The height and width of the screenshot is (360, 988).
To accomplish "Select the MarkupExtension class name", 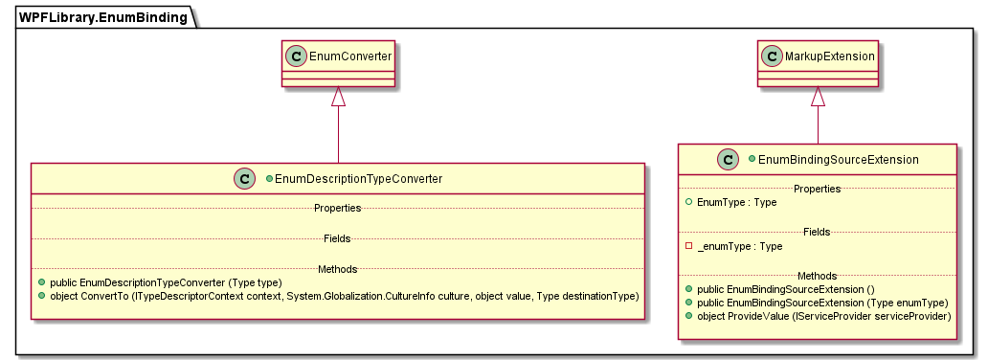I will (x=829, y=57).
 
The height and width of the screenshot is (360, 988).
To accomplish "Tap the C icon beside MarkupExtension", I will (x=772, y=57).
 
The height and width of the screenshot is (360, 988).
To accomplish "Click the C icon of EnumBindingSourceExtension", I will (x=728, y=159).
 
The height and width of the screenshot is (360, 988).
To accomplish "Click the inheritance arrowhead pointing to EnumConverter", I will (x=337, y=96).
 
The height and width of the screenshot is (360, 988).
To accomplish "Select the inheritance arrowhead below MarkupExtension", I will (x=818, y=96).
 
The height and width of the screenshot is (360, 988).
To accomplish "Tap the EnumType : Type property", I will (x=736, y=203).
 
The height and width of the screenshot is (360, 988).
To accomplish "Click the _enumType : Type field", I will (x=739, y=246).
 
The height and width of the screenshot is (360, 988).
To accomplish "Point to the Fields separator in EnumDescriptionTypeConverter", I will (x=337, y=238).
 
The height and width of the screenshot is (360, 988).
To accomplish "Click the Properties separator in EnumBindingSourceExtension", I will (x=817, y=189).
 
